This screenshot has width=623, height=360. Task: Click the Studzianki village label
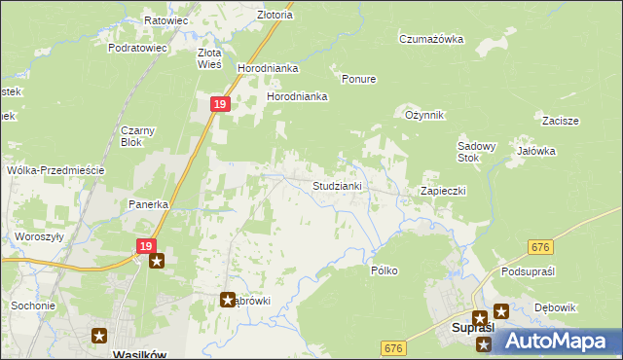337,185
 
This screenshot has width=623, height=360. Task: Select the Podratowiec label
138,47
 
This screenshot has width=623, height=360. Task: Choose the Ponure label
358,79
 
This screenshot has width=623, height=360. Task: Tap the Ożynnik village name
424,115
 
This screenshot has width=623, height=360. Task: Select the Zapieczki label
444,191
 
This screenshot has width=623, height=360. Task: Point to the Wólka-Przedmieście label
55,169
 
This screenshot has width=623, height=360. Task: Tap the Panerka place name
150,204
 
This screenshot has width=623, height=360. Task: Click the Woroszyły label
39,236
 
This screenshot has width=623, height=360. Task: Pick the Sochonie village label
33,306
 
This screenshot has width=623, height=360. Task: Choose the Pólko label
384,270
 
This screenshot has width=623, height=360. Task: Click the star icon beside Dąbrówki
229,301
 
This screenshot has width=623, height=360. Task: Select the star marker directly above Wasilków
100,336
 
